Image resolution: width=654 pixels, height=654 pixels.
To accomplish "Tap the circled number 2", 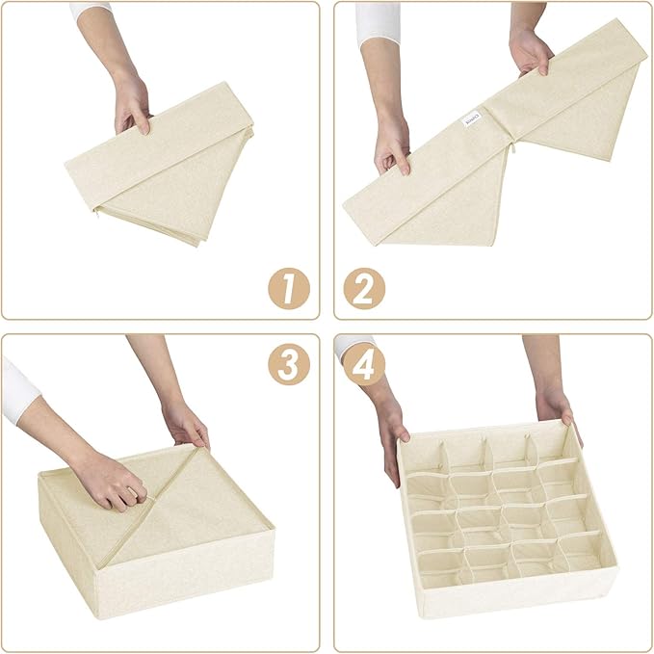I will (x=364, y=287).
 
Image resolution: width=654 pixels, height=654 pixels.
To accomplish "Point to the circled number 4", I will (x=365, y=365).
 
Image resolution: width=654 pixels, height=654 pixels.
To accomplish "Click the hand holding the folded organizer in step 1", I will (x=133, y=104).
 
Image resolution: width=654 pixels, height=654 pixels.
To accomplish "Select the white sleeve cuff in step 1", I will (x=92, y=11).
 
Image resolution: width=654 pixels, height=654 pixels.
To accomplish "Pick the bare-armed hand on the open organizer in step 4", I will (x=557, y=405).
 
